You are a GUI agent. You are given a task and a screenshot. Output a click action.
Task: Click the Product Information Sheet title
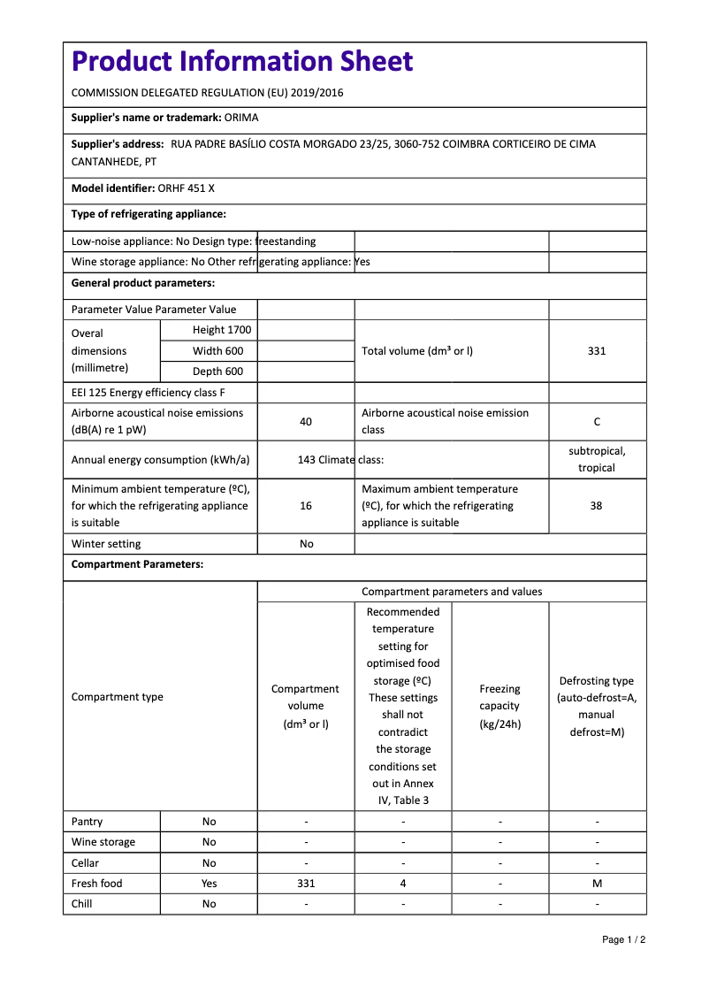point(242,62)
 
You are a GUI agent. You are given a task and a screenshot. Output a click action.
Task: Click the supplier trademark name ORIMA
point(241,118)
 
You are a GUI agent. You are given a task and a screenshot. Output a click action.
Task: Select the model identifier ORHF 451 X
point(187,188)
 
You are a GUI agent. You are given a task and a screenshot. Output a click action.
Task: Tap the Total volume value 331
point(597,351)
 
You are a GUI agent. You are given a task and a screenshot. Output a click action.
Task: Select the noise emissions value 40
point(306,422)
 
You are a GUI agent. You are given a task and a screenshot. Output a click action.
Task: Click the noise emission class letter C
point(597,422)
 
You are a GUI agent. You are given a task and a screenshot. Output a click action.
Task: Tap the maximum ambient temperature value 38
point(597,506)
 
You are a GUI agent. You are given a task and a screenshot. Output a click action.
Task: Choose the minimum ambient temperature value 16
point(306,506)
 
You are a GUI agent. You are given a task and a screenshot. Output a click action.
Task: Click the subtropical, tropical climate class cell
point(597,459)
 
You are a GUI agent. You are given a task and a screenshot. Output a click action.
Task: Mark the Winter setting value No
point(306,544)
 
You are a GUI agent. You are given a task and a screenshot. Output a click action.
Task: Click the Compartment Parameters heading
point(137,564)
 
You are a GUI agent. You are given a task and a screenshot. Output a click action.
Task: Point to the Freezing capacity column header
point(499,706)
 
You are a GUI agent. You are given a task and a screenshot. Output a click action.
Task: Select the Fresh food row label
point(97,884)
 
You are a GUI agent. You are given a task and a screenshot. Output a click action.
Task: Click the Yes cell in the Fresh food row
point(209,884)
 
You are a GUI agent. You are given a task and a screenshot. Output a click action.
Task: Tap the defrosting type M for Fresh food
point(597,884)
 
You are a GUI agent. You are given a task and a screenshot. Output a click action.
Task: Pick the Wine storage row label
point(103,842)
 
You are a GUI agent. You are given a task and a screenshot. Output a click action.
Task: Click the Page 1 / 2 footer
point(623,939)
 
